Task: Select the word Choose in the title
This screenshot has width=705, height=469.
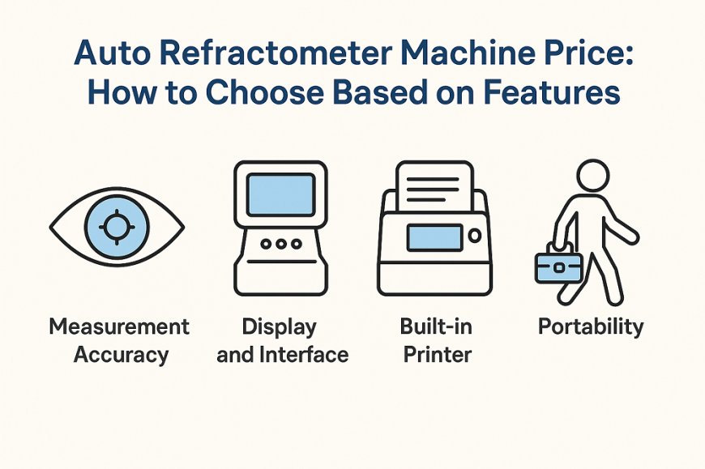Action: click(x=259, y=92)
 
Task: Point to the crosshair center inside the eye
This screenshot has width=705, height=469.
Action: click(x=117, y=224)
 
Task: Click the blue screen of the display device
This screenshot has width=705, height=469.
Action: click(x=280, y=195)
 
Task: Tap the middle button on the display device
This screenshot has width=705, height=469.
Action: click(x=280, y=242)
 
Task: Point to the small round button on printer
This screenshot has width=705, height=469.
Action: click(x=474, y=237)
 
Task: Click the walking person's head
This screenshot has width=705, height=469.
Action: click(x=590, y=177)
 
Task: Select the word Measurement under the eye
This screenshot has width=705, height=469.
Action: click(x=119, y=327)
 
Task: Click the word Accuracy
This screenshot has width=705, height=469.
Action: click(x=121, y=354)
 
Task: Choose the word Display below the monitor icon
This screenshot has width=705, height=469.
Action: click(x=280, y=327)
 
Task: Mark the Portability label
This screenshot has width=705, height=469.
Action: click(x=591, y=327)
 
